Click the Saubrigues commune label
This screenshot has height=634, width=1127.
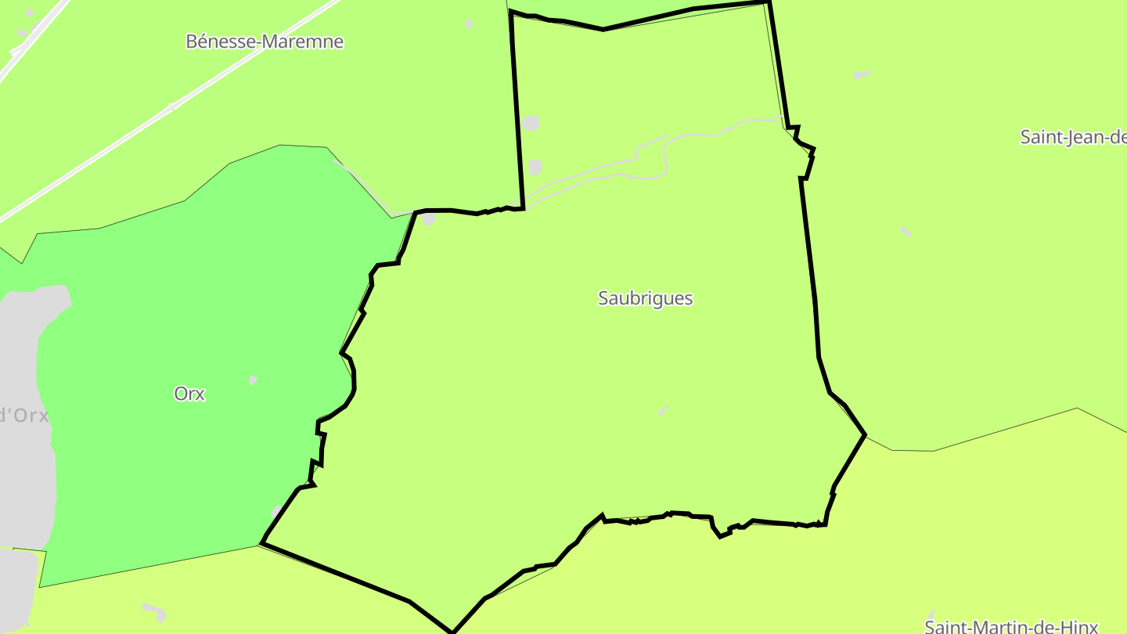(x=645, y=298)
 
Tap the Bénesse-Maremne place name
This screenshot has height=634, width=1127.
(x=265, y=41)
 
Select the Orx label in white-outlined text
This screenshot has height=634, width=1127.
(x=189, y=394)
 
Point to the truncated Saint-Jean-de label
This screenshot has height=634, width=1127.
(x=1073, y=137)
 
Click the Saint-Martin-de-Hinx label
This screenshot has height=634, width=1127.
(x=1011, y=626)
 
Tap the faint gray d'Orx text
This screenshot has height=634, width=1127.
(x=24, y=415)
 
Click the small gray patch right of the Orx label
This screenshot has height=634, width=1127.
(x=253, y=380)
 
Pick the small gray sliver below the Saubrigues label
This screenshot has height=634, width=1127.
(x=664, y=409)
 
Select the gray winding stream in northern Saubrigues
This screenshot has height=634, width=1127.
(x=665, y=157)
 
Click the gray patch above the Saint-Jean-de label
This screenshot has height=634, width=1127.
(x=862, y=74)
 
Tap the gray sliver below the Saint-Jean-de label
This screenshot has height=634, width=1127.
(x=906, y=231)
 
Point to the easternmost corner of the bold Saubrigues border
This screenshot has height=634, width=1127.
(x=865, y=434)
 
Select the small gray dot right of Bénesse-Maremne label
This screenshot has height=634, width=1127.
(x=469, y=24)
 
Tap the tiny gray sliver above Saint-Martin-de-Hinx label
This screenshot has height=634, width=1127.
(x=931, y=614)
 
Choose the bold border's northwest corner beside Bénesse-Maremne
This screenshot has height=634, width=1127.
(x=511, y=13)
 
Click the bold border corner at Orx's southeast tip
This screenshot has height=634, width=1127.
(x=261, y=542)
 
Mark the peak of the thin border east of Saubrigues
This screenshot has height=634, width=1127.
(x=1078, y=408)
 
